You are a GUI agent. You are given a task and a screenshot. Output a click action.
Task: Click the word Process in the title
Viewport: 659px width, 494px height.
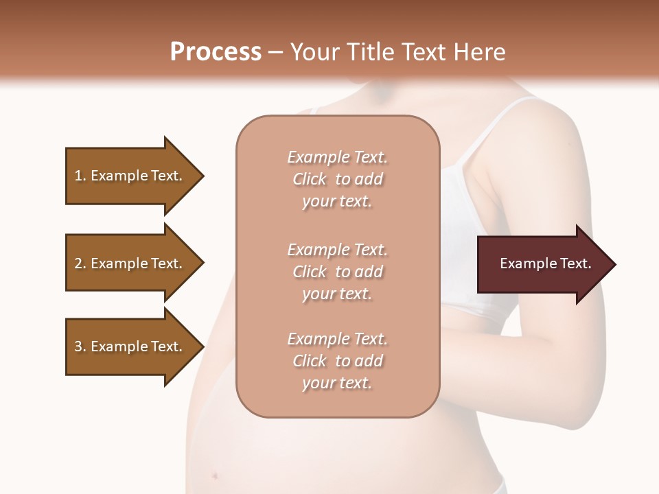click(x=216, y=52)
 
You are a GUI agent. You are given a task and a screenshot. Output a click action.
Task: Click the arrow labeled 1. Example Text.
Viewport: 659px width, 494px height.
click(x=130, y=176)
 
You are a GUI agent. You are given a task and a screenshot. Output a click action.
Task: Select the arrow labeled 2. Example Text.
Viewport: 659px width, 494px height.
click(x=130, y=263)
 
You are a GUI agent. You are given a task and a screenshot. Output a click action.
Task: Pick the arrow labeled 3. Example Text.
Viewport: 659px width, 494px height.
click(x=130, y=346)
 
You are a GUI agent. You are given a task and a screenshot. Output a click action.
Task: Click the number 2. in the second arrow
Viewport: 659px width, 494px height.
click(x=80, y=263)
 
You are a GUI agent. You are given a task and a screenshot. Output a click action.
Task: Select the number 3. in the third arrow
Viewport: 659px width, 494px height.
click(x=80, y=346)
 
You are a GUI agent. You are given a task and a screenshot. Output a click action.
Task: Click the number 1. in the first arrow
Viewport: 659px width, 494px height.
click(x=80, y=176)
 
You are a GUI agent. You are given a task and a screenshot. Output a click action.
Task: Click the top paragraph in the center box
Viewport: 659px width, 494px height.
click(x=337, y=179)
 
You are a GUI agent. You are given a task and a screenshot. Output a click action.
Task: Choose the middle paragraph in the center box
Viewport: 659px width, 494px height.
click(x=337, y=272)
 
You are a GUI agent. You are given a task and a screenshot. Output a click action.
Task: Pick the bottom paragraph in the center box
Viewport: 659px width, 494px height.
click(x=337, y=361)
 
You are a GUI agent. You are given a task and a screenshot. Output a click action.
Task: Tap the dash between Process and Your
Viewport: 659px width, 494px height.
click(x=275, y=52)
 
